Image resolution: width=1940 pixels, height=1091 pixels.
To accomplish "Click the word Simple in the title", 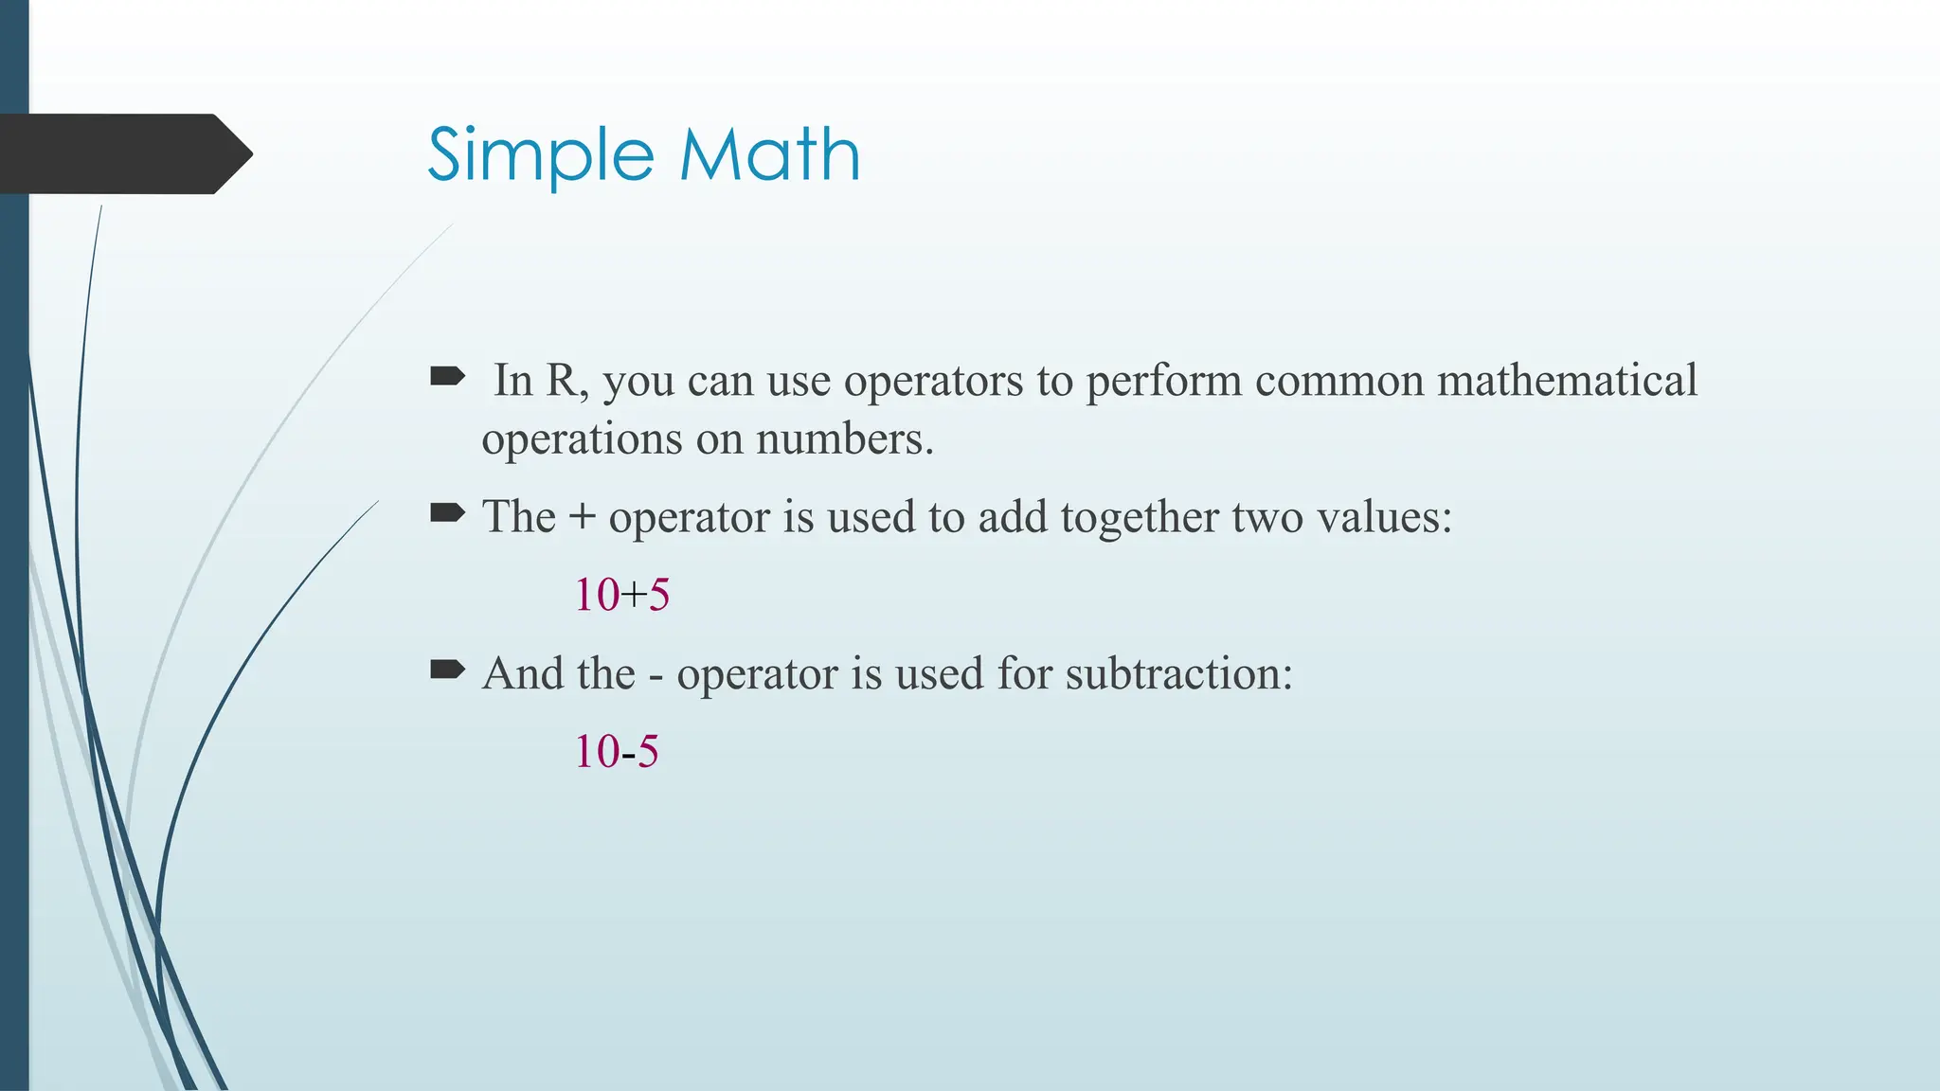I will click(540, 156).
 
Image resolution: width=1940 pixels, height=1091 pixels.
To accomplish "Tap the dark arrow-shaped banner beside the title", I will click(123, 154).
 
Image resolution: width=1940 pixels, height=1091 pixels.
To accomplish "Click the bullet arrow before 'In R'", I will click(447, 378).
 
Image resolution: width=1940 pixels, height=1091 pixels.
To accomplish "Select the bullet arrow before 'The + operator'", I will click(447, 514).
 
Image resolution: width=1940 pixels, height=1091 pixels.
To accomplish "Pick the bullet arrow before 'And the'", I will click(447, 671).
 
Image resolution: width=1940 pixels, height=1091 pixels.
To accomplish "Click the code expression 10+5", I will click(622, 596).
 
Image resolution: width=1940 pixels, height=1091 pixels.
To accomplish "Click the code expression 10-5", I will click(617, 752).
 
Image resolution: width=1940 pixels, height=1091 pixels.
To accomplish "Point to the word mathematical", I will click(1567, 381).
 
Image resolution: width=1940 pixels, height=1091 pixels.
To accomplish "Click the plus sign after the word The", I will click(582, 519).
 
